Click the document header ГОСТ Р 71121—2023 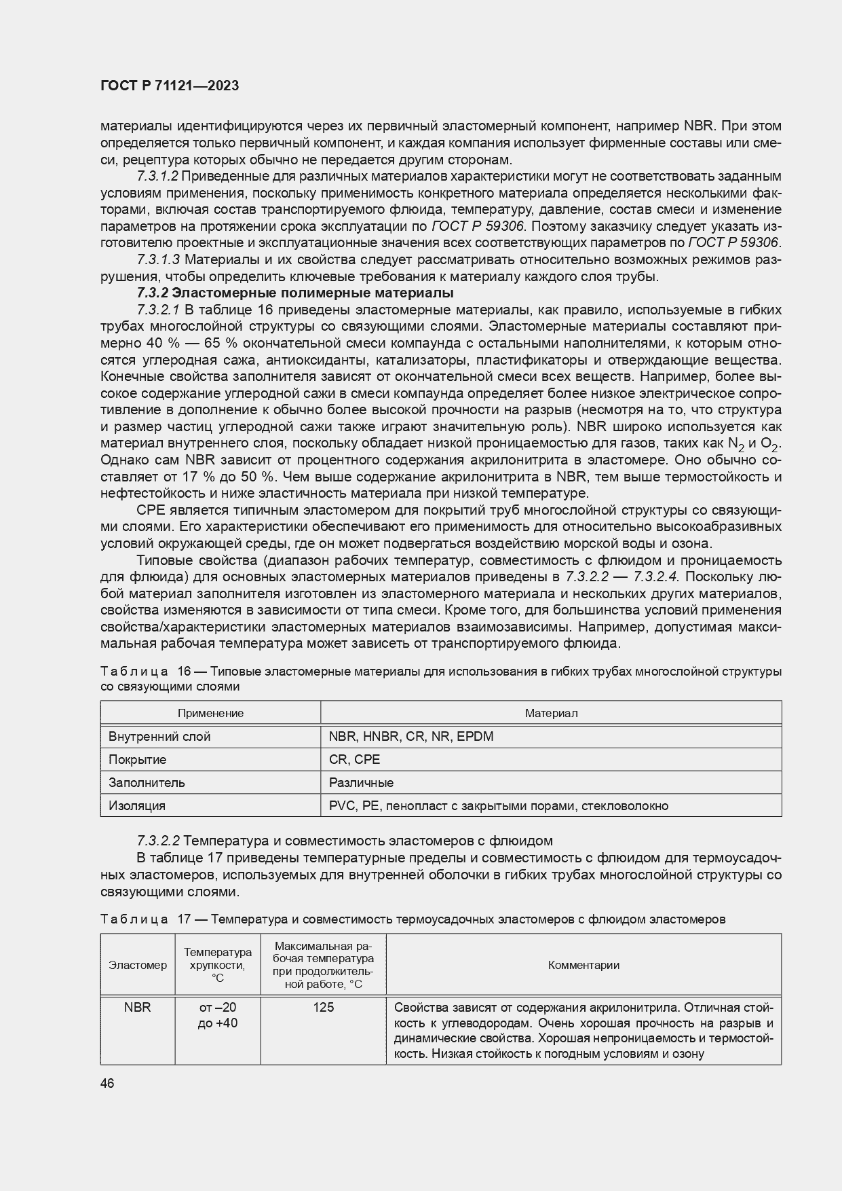pyautogui.click(x=170, y=86)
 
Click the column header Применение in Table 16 pyautogui.click(x=210, y=713)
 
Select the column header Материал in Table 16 pyautogui.click(x=551, y=713)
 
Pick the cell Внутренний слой pyautogui.click(x=159, y=737)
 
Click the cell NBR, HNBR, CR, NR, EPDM pyautogui.click(x=411, y=737)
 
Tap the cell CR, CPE pyautogui.click(x=354, y=760)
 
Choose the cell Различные pyautogui.click(x=361, y=783)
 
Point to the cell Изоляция pyautogui.click(x=137, y=806)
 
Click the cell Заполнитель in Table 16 pyautogui.click(x=147, y=783)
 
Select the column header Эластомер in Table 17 pyautogui.click(x=138, y=966)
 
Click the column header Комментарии pyautogui.click(x=583, y=966)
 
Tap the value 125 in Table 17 pyautogui.click(x=323, y=1008)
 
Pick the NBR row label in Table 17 pyautogui.click(x=138, y=1008)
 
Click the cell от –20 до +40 pyautogui.click(x=217, y=1015)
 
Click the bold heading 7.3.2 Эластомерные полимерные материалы pyautogui.click(x=295, y=293)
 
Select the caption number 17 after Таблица pyautogui.click(x=185, y=919)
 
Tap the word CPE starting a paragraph pyautogui.click(x=149, y=510)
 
